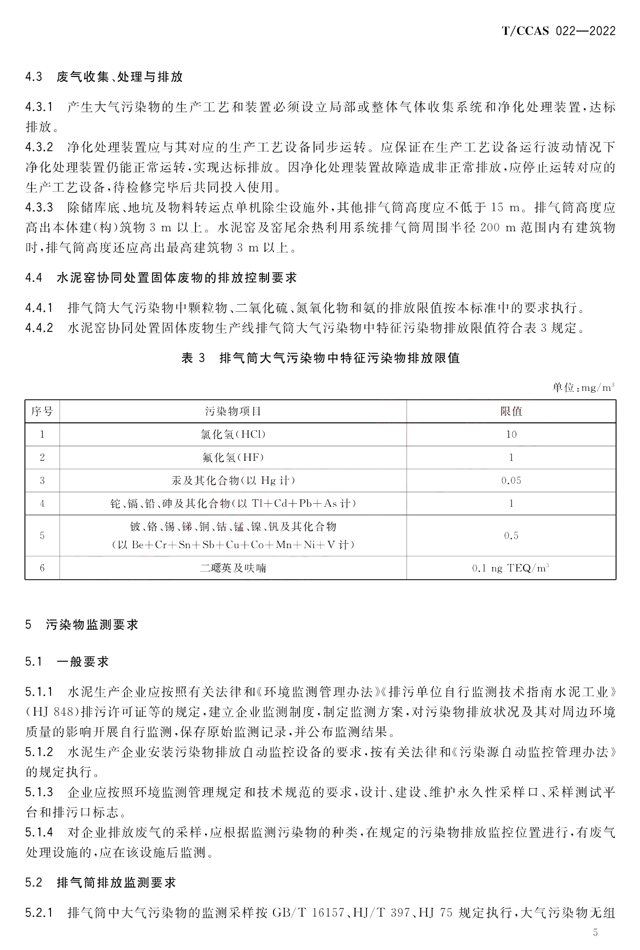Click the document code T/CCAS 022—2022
558,31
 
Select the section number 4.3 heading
33,77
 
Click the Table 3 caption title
320,358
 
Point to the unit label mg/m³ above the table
583,388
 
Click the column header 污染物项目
233,411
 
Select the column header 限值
511,411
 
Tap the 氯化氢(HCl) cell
233,434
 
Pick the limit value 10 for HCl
511,434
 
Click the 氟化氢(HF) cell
233,457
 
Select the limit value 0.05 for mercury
511,480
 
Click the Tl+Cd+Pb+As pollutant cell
233,503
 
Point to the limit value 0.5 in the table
511,536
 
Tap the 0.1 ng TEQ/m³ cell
511,568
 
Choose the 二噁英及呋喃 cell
233,568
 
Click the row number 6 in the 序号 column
42,568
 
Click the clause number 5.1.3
39,792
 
